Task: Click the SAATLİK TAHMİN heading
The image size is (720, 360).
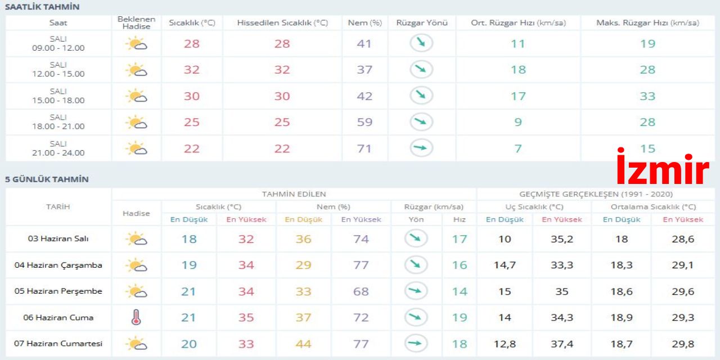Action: pyautogui.click(x=42, y=7)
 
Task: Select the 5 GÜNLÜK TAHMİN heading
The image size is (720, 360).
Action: pyautogui.click(x=47, y=179)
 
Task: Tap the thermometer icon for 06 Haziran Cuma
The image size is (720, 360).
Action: pyautogui.click(x=136, y=318)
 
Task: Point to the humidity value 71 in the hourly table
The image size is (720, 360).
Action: pyautogui.click(x=364, y=148)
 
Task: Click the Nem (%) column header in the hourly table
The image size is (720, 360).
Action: pyautogui.click(x=364, y=23)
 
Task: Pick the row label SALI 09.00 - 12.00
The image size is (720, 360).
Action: pyautogui.click(x=58, y=43)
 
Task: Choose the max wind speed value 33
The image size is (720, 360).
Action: pyautogui.click(x=647, y=96)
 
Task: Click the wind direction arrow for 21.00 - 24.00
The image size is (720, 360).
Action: pyautogui.click(x=421, y=148)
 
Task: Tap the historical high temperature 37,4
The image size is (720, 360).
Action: pyautogui.click(x=561, y=344)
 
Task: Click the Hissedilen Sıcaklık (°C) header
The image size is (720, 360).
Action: pyautogui.click(x=282, y=23)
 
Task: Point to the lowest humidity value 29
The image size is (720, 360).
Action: pyautogui.click(x=303, y=265)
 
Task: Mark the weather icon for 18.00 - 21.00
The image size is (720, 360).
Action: pyautogui.click(x=136, y=122)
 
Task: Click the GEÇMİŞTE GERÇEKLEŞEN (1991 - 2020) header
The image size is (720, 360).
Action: pyautogui.click(x=595, y=194)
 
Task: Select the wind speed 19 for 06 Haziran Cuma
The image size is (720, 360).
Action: pyautogui.click(x=460, y=318)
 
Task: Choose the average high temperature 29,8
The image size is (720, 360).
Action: pyautogui.click(x=683, y=344)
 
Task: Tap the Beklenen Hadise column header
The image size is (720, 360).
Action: pyautogui.click(x=136, y=23)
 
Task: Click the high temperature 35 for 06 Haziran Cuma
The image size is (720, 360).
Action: pyautogui.click(x=246, y=318)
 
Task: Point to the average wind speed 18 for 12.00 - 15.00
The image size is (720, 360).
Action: pyautogui.click(x=518, y=70)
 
